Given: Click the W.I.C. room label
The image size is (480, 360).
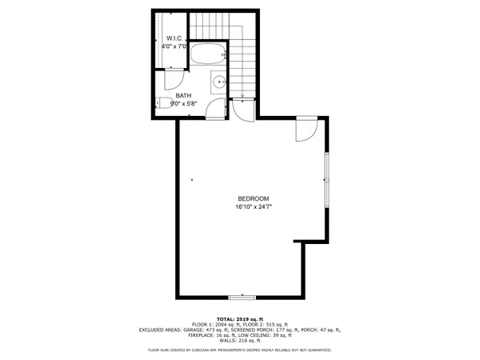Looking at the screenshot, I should [x=176, y=38].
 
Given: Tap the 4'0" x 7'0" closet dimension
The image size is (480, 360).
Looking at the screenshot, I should [x=175, y=47].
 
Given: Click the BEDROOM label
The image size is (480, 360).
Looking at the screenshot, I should [x=252, y=198].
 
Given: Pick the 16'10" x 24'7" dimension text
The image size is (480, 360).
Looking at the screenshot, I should [x=252, y=207].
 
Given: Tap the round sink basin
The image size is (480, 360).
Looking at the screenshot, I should [x=219, y=81].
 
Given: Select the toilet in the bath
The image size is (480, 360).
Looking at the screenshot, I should [x=162, y=102].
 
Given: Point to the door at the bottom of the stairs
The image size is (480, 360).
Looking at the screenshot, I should [x=245, y=109].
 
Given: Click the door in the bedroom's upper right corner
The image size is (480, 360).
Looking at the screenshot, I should [x=306, y=128].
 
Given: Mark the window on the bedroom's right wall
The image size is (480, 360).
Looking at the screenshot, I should [x=326, y=181].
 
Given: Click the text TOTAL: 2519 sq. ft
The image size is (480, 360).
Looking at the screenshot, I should [x=240, y=318].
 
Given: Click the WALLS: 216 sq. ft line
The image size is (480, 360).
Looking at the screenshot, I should [x=240, y=341].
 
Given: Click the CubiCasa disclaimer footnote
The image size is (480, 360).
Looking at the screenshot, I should [x=240, y=350].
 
